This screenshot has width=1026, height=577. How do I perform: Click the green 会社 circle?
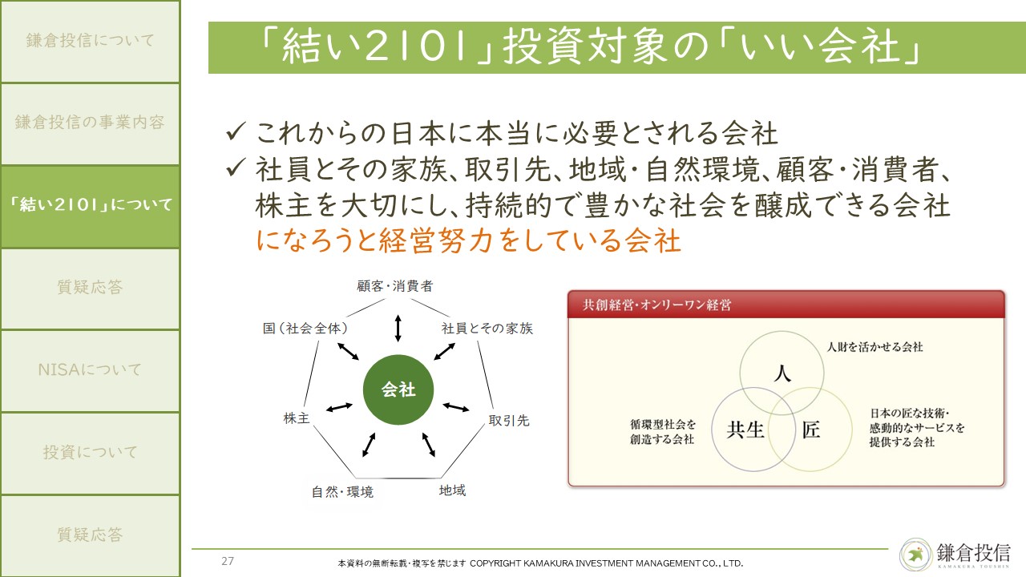pyautogui.click(x=398, y=389)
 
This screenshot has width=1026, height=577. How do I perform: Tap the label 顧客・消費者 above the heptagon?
pyautogui.click(x=395, y=286)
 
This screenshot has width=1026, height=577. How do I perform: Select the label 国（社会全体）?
pyautogui.click(x=305, y=329)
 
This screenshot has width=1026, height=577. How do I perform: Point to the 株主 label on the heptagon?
pyautogui.click(x=297, y=418)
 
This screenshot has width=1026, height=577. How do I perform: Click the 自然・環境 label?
pyautogui.click(x=342, y=492)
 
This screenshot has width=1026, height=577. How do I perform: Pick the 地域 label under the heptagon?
pyautogui.click(x=452, y=490)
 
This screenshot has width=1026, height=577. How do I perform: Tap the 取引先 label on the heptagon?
pyautogui.click(x=509, y=421)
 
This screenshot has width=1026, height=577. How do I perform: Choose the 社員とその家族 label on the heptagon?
pyautogui.click(x=487, y=329)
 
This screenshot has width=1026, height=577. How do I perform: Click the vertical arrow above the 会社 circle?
pyautogui.click(x=398, y=328)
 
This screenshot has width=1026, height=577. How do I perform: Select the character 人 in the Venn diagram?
pyautogui.click(x=782, y=373)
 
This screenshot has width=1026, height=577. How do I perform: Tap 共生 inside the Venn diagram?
pyautogui.click(x=745, y=430)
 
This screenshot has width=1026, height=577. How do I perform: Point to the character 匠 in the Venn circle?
pyautogui.click(x=810, y=430)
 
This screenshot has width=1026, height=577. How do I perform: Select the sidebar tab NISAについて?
pyautogui.click(x=90, y=370)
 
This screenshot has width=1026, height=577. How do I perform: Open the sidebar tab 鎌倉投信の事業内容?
pyautogui.click(x=90, y=123)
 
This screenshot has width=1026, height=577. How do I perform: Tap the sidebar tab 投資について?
pyautogui.click(x=90, y=453)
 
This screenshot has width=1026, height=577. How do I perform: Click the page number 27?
pyautogui.click(x=228, y=561)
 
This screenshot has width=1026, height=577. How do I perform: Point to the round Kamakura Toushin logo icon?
pyautogui.click(x=916, y=555)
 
